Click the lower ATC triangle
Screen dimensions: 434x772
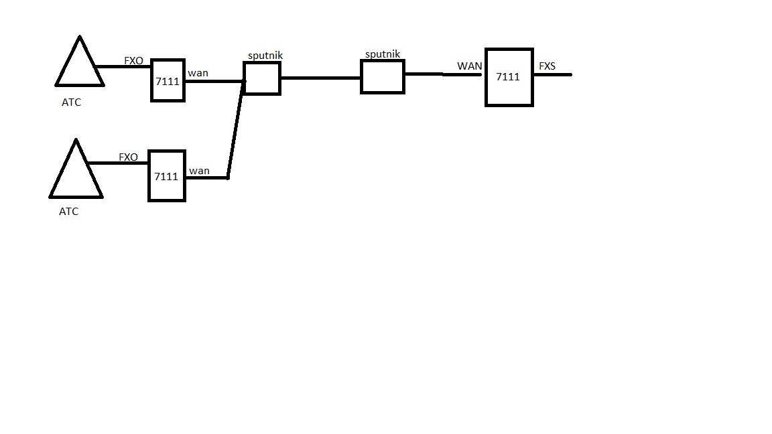tap(76, 175)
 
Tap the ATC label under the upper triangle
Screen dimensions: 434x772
tap(71, 103)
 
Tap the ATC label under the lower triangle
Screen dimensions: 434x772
tap(68, 212)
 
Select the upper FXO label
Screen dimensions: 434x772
tap(133, 61)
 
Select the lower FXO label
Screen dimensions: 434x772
tap(128, 157)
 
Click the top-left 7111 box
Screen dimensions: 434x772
tap(168, 81)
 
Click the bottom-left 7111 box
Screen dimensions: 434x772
tap(166, 176)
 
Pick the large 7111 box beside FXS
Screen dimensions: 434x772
tap(509, 77)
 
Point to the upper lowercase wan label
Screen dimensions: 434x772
tap(198, 72)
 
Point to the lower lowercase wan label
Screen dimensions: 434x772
tap(199, 171)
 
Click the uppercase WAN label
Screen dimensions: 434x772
tap(469, 66)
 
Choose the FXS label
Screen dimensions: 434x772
tap(547, 66)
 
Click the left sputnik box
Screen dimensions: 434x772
tap(262, 79)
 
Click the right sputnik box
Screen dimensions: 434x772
tap(383, 76)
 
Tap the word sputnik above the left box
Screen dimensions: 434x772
tap(265, 56)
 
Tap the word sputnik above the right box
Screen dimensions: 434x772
tap(383, 54)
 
